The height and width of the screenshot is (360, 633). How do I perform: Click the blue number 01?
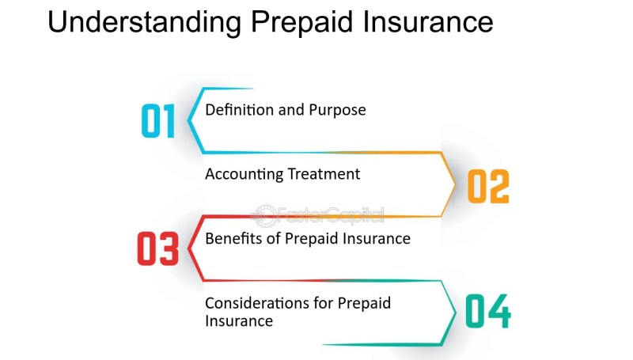[157, 121]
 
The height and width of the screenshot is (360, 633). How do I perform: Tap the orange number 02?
[488, 186]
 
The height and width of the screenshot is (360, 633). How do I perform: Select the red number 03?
[157, 248]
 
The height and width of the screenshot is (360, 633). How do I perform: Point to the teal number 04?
[488, 311]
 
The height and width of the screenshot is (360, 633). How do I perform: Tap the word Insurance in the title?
[428, 21]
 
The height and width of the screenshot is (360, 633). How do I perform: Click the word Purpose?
[337, 111]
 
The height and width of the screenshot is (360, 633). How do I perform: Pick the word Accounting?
[244, 174]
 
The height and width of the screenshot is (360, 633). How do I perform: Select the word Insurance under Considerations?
[239, 321]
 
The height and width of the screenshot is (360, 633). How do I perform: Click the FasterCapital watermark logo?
[317, 215]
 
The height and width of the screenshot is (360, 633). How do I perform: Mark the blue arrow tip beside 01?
[188, 119]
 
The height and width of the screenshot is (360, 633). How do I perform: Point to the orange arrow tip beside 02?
[456, 184]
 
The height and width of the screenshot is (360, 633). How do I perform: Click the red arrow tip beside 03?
[188, 248]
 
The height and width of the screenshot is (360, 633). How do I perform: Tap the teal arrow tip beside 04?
[456, 313]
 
